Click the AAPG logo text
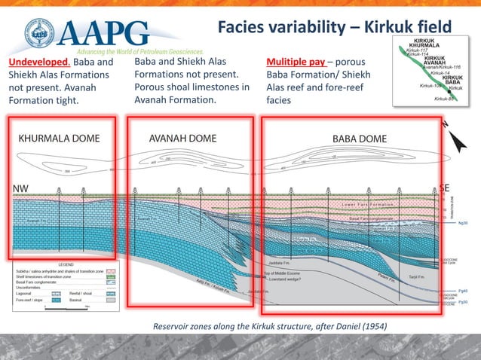click(x=98, y=32)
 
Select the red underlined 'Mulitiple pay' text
click(x=296, y=62)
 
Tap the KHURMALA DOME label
click(x=59, y=139)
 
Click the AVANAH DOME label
click(x=182, y=139)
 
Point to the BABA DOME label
click(x=360, y=139)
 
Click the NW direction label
click(x=21, y=187)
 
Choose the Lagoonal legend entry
click(x=31, y=292)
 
